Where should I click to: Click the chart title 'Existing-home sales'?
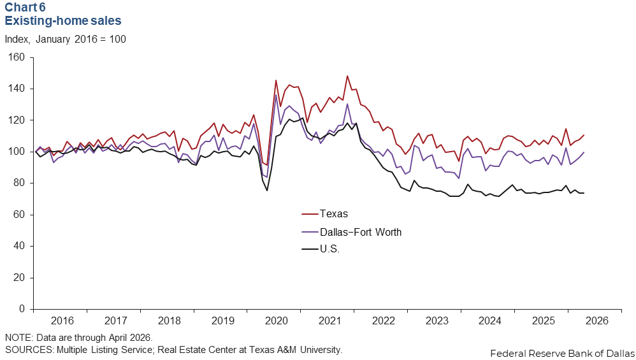click(x=63, y=20)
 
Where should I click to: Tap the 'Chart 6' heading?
click(x=25, y=7)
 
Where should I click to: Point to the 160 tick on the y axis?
click(x=17, y=57)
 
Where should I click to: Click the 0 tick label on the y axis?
click(x=22, y=309)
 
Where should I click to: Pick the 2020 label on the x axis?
click(x=276, y=320)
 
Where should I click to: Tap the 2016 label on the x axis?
click(x=62, y=320)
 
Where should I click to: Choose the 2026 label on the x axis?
click(x=597, y=320)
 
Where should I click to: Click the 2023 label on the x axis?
click(x=437, y=320)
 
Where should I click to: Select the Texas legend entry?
click(x=324, y=213)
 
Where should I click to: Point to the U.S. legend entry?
click(x=321, y=249)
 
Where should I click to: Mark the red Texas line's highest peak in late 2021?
click(x=347, y=76)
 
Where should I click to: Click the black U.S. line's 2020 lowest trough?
click(x=267, y=191)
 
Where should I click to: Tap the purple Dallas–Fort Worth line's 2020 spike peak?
click(x=276, y=95)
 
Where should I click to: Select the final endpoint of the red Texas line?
click(x=584, y=135)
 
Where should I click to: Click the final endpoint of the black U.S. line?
click(x=584, y=193)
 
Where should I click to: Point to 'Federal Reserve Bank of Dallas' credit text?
click(x=563, y=353)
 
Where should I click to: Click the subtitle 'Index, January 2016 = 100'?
click(x=65, y=40)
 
